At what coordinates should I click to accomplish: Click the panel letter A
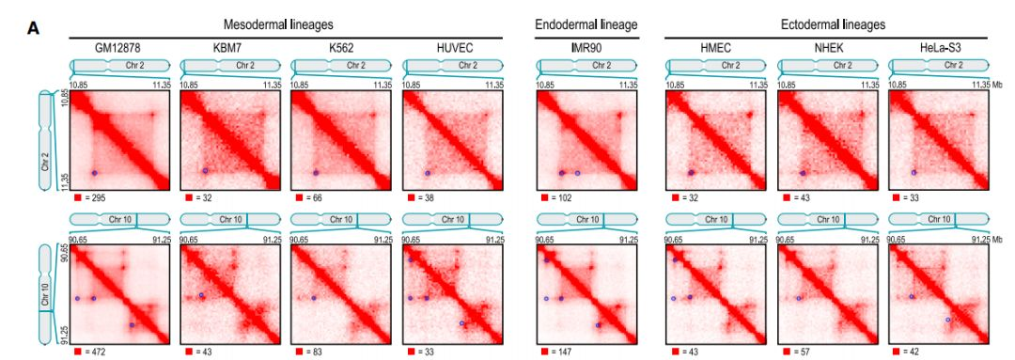(x=31, y=28)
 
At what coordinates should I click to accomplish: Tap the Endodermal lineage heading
(x=586, y=24)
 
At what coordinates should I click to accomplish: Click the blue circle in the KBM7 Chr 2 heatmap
(x=206, y=171)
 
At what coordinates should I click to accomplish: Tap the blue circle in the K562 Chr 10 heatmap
(x=314, y=298)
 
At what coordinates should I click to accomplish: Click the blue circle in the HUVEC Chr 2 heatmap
(x=427, y=174)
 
